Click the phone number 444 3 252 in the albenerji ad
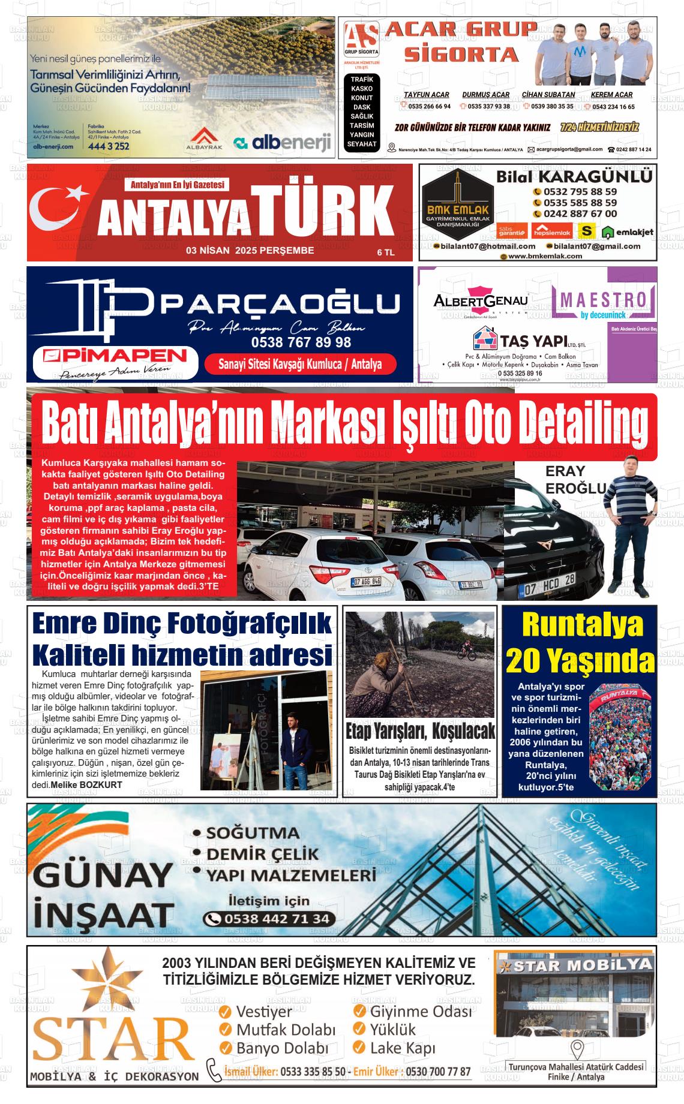(x=109, y=146)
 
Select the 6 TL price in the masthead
(x=385, y=252)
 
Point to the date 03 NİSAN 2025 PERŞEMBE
(x=250, y=251)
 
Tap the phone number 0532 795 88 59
(x=580, y=192)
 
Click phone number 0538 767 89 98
(x=301, y=342)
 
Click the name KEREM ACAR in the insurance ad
(x=611, y=95)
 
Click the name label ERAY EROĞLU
(x=574, y=480)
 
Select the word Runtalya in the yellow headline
(x=582, y=626)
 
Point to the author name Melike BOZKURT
(x=86, y=784)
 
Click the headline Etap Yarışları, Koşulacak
(x=421, y=731)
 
